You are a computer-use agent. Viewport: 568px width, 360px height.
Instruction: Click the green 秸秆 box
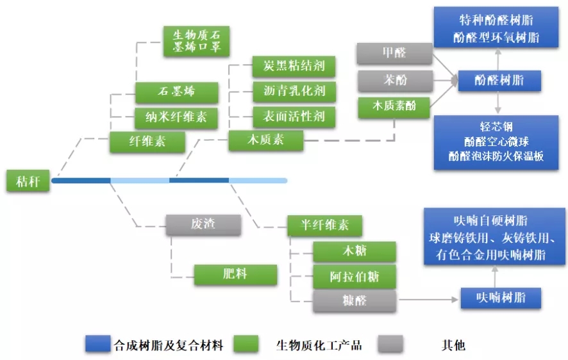click(28, 181)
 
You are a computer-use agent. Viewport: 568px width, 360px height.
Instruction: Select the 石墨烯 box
click(176, 92)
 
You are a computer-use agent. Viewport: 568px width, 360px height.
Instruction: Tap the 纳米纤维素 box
click(176, 117)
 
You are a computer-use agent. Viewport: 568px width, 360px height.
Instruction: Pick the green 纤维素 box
click(147, 141)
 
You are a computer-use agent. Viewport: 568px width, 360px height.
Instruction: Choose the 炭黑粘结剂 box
click(294, 66)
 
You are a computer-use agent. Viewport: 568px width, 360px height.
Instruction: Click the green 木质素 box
click(265, 140)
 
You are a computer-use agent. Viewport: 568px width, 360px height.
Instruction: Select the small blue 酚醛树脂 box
click(498, 80)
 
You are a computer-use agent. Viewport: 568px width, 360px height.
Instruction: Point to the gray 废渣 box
click(203, 224)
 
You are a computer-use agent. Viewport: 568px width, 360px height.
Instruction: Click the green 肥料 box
click(235, 274)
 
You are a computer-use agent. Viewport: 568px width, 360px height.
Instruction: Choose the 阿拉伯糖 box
click(354, 277)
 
